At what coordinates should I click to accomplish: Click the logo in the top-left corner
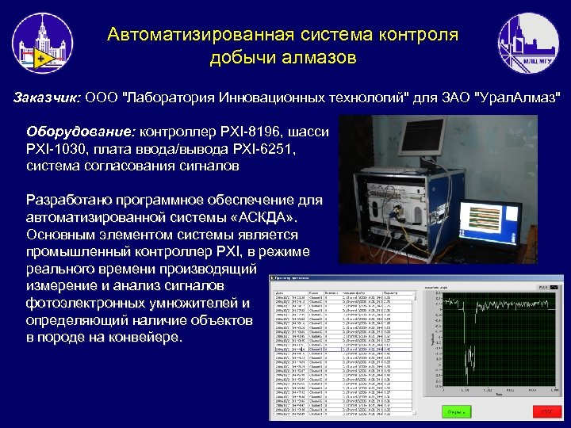point(43,44)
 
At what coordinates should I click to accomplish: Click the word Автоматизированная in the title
point(201,35)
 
